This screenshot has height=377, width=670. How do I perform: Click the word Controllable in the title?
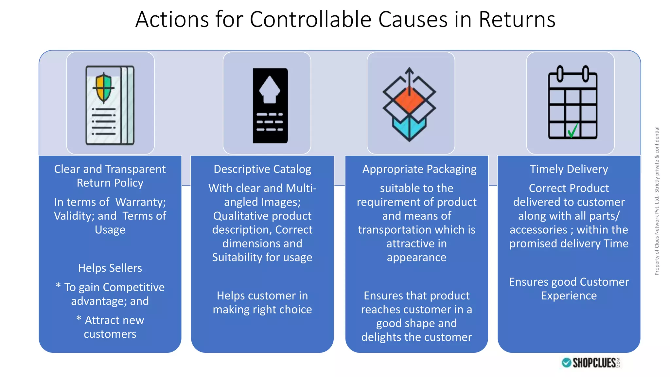(x=310, y=19)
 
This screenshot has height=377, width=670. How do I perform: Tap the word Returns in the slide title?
(x=517, y=19)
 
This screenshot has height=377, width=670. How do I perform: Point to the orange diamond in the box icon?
(x=409, y=100)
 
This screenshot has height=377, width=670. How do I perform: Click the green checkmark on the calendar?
(x=573, y=131)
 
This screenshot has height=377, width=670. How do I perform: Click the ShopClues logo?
(x=591, y=363)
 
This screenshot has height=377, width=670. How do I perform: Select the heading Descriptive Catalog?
(x=262, y=169)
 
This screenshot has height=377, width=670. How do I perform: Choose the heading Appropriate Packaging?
(x=419, y=169)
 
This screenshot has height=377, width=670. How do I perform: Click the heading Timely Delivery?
(x=569, y=169)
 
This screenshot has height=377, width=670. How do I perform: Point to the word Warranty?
(x=141, y=202)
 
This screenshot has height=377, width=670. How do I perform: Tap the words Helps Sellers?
(x=110, y=268)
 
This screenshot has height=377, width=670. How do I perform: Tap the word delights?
(x=380, y=337)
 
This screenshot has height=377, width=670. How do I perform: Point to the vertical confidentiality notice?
(x=657, y=201)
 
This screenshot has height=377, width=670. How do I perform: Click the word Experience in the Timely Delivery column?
(x=569, y=296)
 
